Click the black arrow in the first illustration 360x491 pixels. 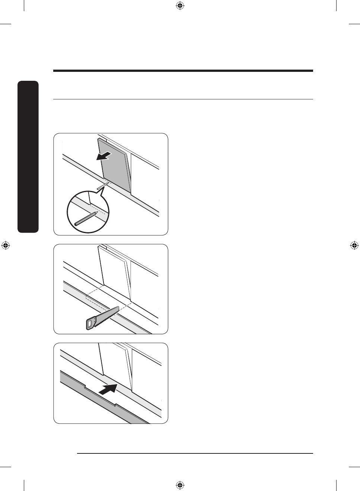(104, 156)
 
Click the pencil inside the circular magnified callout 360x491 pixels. (86, 219)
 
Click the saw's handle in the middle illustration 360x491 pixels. (90, 323)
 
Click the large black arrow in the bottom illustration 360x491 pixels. (108, 390)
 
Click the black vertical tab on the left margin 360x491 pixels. (28, 157)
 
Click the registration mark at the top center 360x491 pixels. (180, 6)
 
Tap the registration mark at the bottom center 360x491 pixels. (180, 485)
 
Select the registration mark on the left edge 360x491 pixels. (5, 245)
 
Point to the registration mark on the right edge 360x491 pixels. (354, 245)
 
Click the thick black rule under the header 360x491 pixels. (183, 70)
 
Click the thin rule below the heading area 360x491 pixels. (183, 99)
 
